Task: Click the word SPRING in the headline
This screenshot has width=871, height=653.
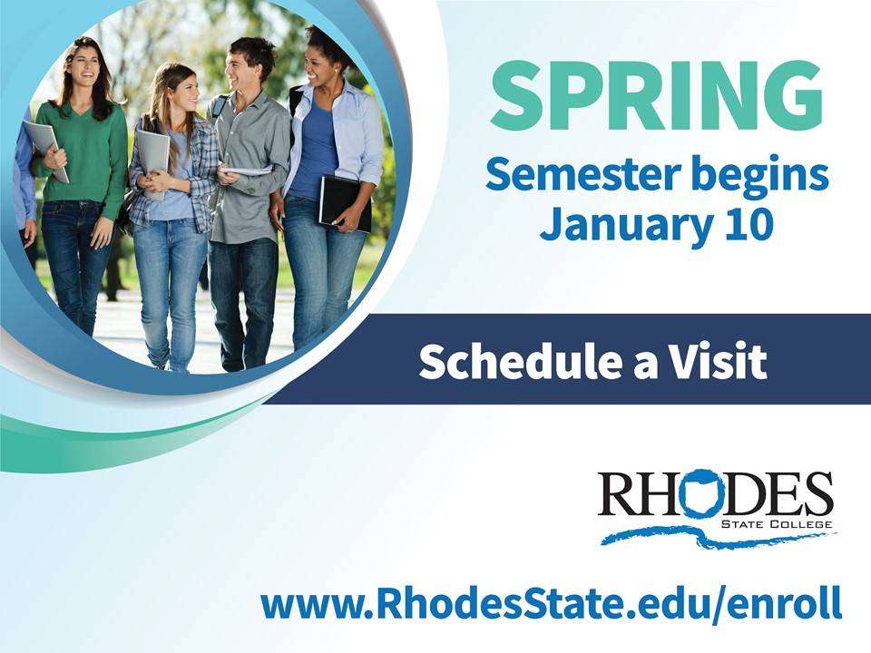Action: click(x=655, y=94)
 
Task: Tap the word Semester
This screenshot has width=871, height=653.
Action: click(x=582, y=173)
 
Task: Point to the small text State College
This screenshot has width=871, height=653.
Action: click(x=776, y=524)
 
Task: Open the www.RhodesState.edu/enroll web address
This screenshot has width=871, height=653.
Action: click(x=551, y=603)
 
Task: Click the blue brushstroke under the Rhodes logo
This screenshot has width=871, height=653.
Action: click(x=718, y=537)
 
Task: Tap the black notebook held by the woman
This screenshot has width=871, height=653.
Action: click(x=345, y=203)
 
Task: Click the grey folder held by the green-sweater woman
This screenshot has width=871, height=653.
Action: click(x=45, y=150)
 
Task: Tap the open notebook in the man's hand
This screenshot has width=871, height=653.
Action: click(x=246, y=171)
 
